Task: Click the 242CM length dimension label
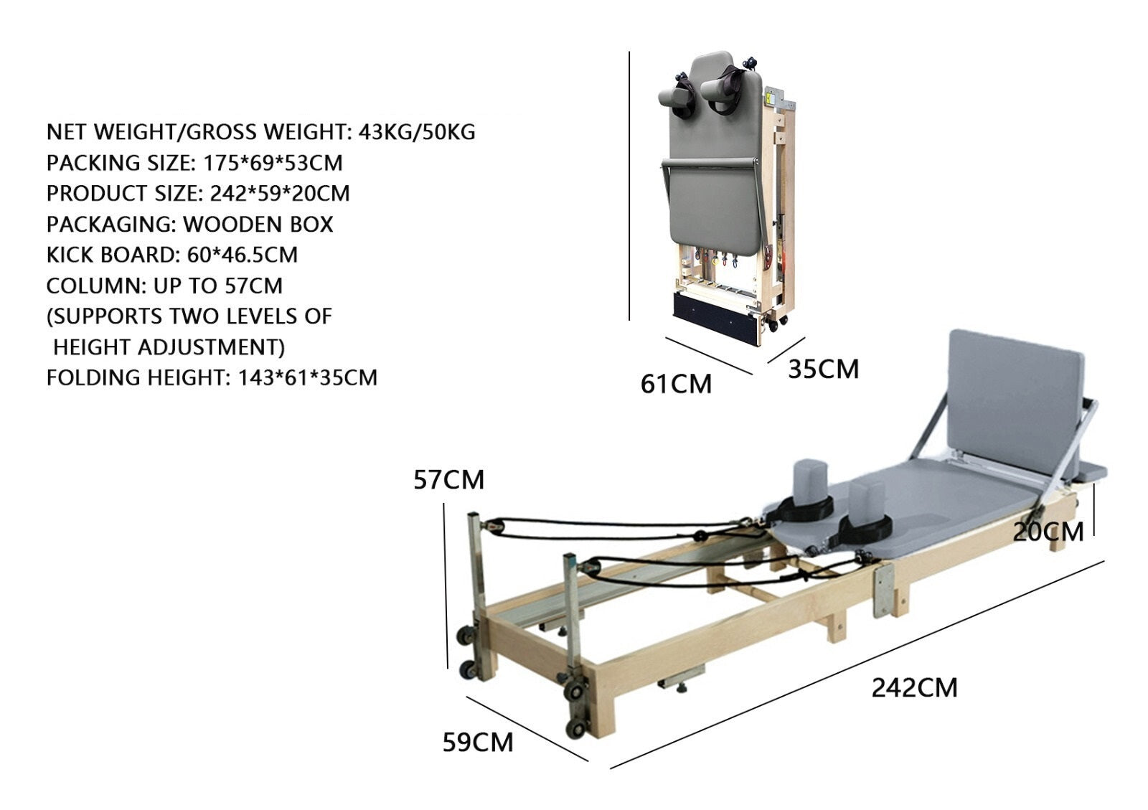(914, 687)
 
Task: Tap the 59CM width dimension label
(477, 742)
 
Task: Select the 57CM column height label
(448, 479)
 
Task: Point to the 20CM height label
(1048, 532)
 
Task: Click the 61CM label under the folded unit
(676, 384)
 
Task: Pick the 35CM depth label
(823, 369)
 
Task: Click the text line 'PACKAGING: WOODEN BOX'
(189, 224)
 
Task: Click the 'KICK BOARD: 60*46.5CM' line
(172, 255)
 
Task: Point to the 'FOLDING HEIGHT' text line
(212, 377)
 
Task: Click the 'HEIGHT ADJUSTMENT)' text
(169, 347)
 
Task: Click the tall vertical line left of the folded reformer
(629, 187)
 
